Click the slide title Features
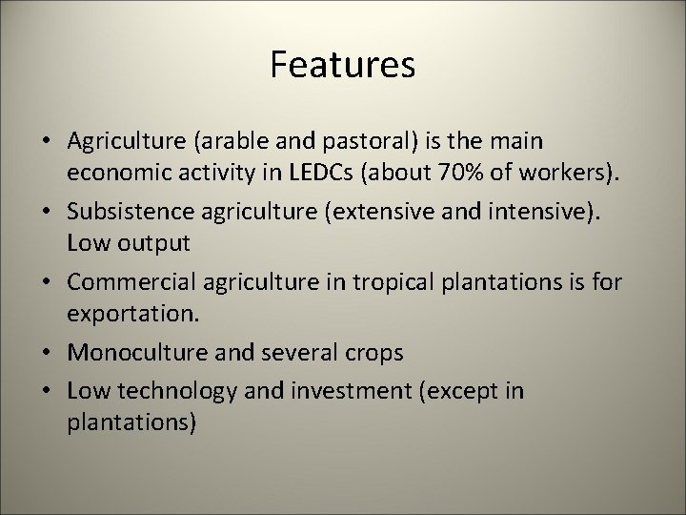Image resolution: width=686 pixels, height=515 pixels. pos(342,65)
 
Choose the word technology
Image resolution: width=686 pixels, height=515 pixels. pos(171,392)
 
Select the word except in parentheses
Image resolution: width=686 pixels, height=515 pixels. pos(468,392)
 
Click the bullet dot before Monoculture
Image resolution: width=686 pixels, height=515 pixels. pos(46,353)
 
